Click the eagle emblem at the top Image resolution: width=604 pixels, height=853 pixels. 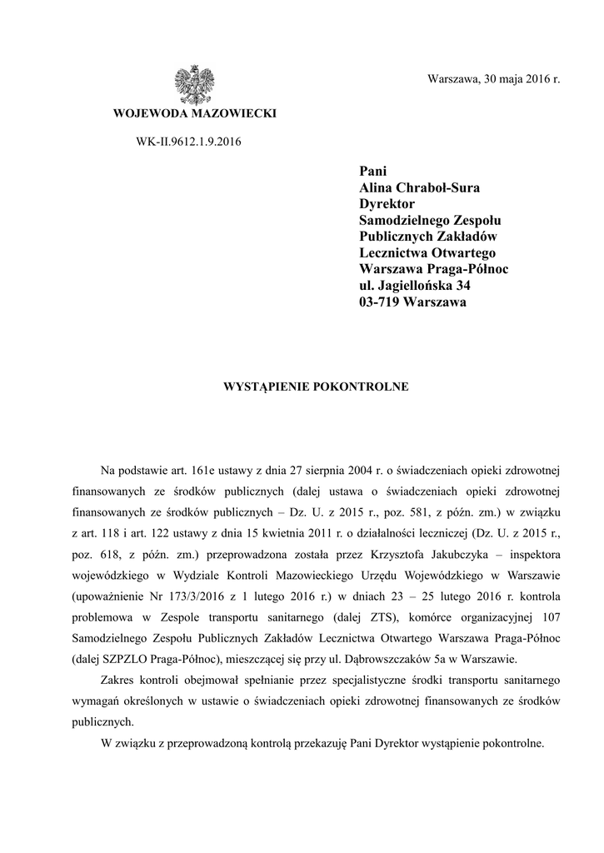click(194, 84)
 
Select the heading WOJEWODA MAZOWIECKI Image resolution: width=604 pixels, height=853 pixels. click(194, 113)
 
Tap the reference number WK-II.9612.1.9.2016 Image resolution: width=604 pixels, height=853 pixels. click(188, 142)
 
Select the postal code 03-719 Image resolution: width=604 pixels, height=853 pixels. click(378, 302)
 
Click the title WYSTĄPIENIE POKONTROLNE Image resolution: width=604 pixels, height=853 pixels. click(313, 387)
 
